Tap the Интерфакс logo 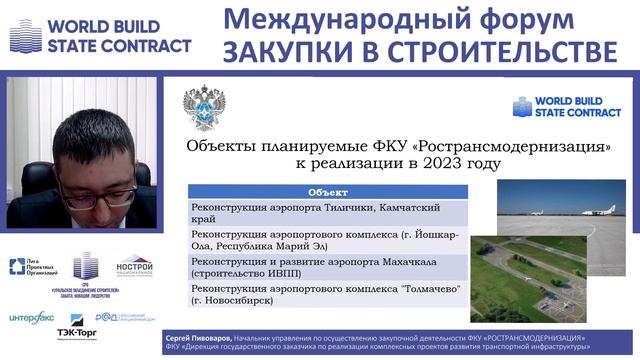click(x=32, y=318)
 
